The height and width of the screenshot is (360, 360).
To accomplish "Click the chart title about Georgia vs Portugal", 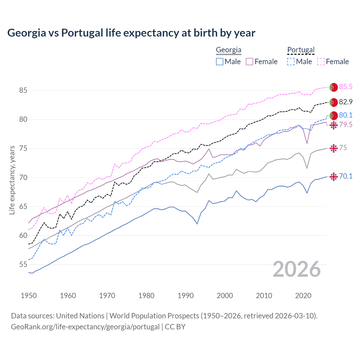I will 131,33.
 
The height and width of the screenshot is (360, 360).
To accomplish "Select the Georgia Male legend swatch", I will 220,62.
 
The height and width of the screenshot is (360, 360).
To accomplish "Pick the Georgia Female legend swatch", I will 249,62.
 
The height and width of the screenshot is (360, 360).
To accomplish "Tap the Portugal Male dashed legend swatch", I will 291,62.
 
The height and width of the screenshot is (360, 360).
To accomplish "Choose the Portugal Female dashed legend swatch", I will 321,62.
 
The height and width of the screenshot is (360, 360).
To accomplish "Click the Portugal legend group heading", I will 301,50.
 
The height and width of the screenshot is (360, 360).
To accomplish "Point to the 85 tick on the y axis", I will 23,91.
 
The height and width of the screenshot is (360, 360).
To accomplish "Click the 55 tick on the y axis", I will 23,265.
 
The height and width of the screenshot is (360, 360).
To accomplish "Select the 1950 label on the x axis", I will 29,296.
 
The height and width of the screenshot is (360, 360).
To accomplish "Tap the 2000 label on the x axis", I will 225,296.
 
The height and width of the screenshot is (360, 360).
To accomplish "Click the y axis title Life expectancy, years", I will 12,180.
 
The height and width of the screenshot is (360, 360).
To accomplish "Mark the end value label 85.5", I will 346,87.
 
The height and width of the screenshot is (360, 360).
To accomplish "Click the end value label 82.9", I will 346,102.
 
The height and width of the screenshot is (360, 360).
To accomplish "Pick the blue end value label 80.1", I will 346,115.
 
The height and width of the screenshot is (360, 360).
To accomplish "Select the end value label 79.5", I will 346,125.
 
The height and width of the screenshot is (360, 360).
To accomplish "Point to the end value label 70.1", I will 346,176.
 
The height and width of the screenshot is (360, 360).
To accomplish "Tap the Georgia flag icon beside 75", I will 334,148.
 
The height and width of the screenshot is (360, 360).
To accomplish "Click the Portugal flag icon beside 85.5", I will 334,87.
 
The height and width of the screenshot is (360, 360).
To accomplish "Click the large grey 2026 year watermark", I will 297,269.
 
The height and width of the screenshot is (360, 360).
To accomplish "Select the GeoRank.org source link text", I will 85,327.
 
